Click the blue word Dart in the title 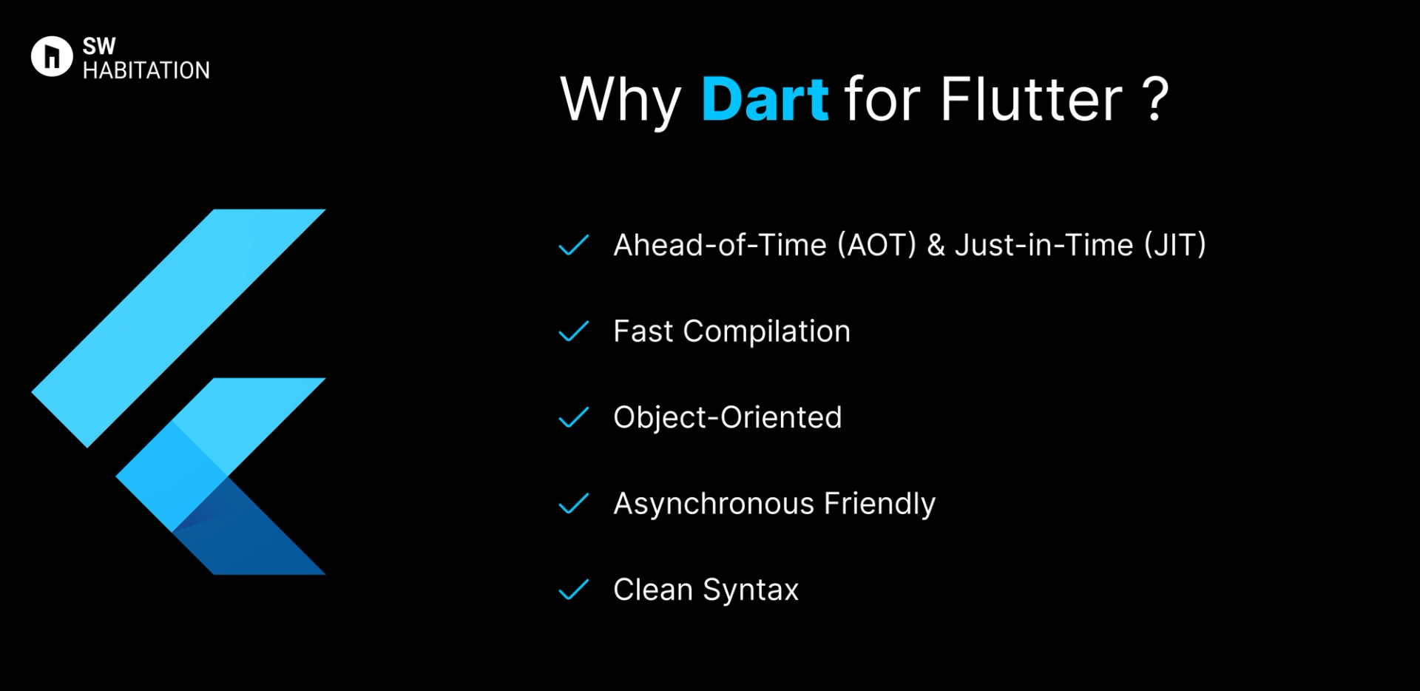click(x=765, y=99)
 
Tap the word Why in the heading click(x=620, y=101)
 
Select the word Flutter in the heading click(x=1031, y=99)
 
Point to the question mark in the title click(x=1154, y=99)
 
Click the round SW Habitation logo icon click(x=52, y=56)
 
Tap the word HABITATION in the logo click(x=146, y=70)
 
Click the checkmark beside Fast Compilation click(x=573, y=331)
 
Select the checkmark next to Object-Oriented click(x=573, y=418)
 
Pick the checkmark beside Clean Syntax click(x=573, y=590)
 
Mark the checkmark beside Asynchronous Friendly click(x=573, y=504)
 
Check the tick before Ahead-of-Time click(x=573, y=245)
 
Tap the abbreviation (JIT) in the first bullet click(x=1174, y=245)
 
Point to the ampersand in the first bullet click(x=936, y=245)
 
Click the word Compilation click(x=766, y=331)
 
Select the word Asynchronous click(x=713, y=504)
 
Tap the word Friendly click(x=879, y=504)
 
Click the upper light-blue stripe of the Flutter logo click(x=177, y=328)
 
